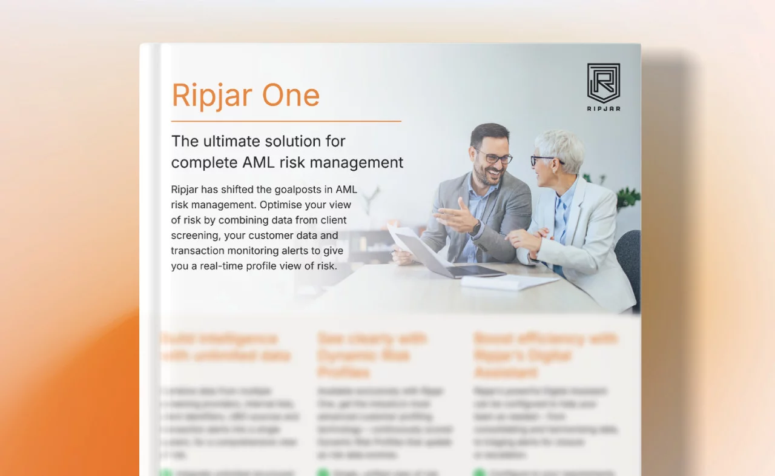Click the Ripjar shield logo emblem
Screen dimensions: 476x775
[603, 82]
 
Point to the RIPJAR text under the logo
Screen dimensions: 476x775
[604, 108]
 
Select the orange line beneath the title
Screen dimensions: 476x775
[286, 121]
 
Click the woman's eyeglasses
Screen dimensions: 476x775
[544, 160]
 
